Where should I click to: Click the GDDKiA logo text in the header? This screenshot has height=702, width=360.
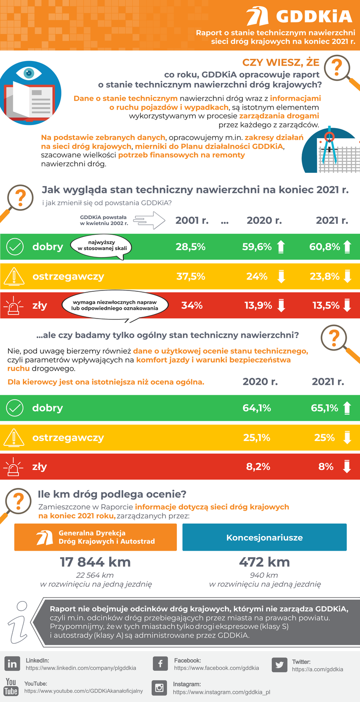(x=314, y=17)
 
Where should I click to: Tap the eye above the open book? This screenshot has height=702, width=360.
(x=29, y=73)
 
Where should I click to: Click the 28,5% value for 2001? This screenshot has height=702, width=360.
(x=191, y=247)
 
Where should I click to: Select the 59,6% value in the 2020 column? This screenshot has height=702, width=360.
(x=257, y=247)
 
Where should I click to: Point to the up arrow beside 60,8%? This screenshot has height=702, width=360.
(x=347, y=247)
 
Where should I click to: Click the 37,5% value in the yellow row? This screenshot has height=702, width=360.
(x=191, y=276)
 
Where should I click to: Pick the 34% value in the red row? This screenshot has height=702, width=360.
(x=192, y=305)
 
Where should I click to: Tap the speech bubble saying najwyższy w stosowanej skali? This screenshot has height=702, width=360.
(x=101, y=245)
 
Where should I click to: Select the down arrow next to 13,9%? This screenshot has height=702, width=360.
(x=281, y=305)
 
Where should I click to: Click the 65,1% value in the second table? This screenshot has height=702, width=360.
(x=324, y=408)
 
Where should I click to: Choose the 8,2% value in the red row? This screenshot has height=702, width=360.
(x=258, y=467)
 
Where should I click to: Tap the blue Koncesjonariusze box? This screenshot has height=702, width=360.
(x=264, y=537)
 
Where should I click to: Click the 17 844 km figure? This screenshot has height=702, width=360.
(x=95, y=562)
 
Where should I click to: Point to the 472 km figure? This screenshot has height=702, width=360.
(x=264, y=562)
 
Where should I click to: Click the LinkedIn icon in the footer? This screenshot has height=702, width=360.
(x=12, y=664)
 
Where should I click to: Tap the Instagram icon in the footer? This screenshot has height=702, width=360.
(x=159, y=688)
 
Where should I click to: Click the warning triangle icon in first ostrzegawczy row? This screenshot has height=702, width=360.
(x=14, y=276)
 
